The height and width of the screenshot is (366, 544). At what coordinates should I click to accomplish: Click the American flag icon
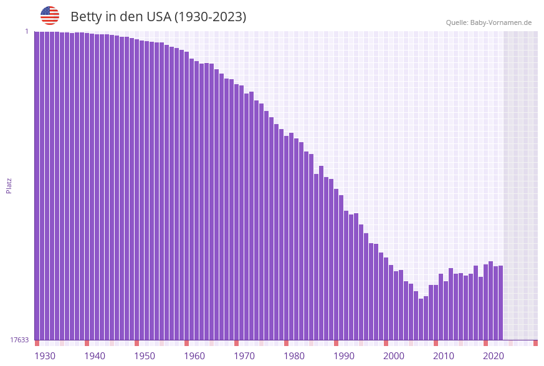(x=50, y=16)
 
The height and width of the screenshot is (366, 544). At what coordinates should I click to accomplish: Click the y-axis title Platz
(x=9, y=185)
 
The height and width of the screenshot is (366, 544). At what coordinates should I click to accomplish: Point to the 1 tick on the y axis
(x=26, y=31)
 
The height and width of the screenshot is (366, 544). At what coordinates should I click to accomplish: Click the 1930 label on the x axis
(x=45, y=356)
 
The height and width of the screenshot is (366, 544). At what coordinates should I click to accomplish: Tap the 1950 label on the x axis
(x=145, y=356)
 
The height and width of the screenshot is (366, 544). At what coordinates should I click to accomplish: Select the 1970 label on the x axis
(x=244, y=356)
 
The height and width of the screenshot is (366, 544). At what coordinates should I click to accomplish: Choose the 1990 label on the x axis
(x=344, y=356)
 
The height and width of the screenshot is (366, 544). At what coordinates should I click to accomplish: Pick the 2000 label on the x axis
(x=394, y=356)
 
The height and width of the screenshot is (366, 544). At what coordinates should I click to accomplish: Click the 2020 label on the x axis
(x=494, y=356)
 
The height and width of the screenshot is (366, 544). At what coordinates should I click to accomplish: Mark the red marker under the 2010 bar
(x=436, y=343)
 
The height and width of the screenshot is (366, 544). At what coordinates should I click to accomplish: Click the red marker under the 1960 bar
(x=186, y=343)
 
